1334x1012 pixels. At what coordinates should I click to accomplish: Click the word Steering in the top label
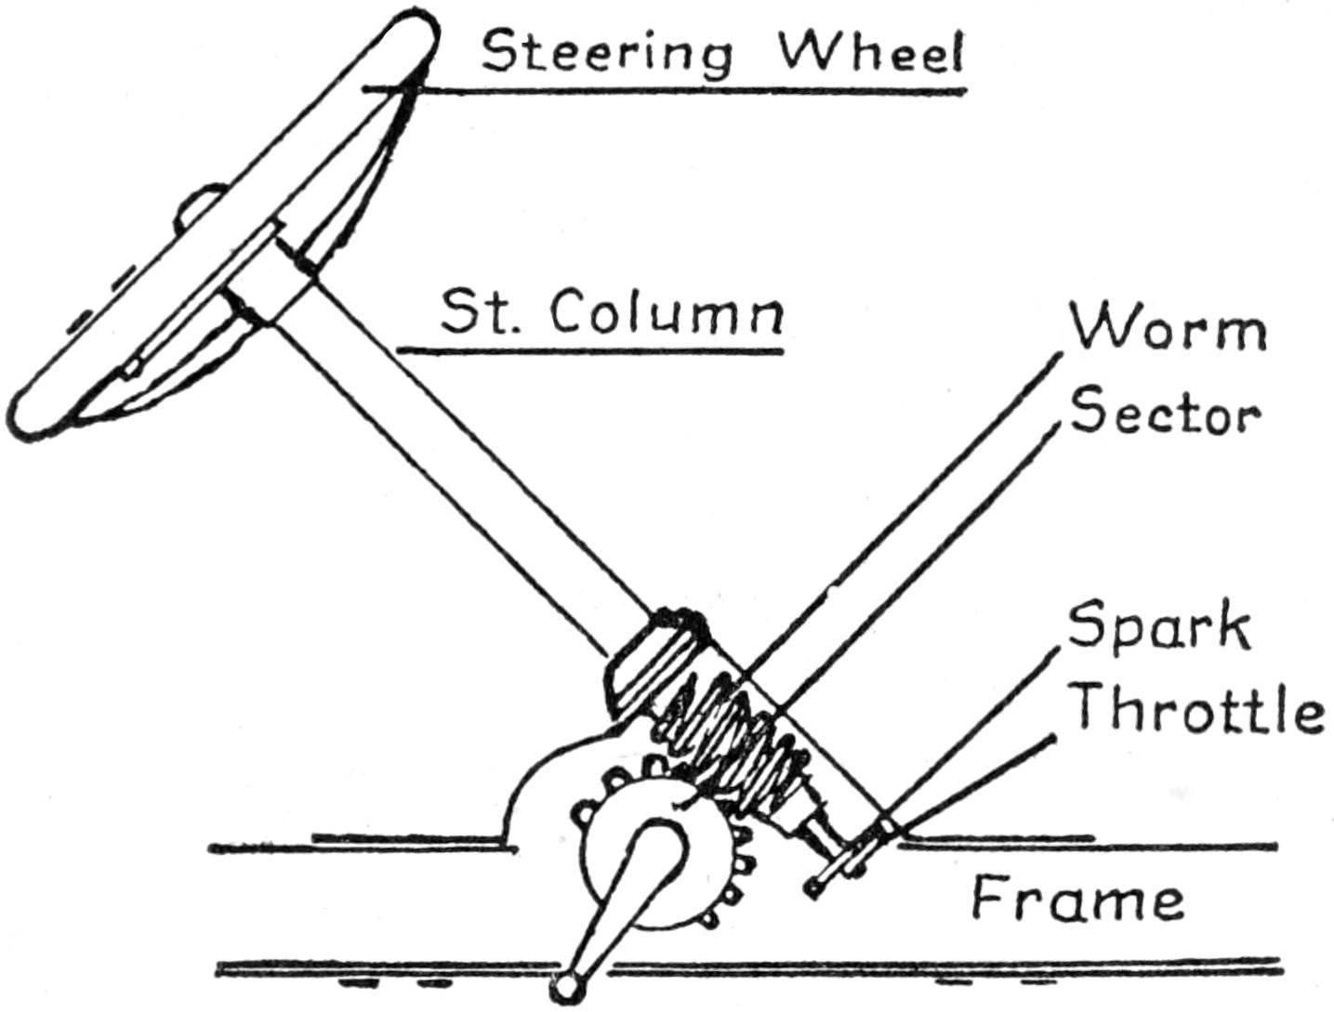[605, 54]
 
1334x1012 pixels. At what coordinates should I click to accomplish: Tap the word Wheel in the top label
[870, 54]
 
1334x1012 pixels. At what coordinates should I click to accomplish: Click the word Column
[666, 313]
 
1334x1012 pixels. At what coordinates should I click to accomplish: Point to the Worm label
[1168, 329]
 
